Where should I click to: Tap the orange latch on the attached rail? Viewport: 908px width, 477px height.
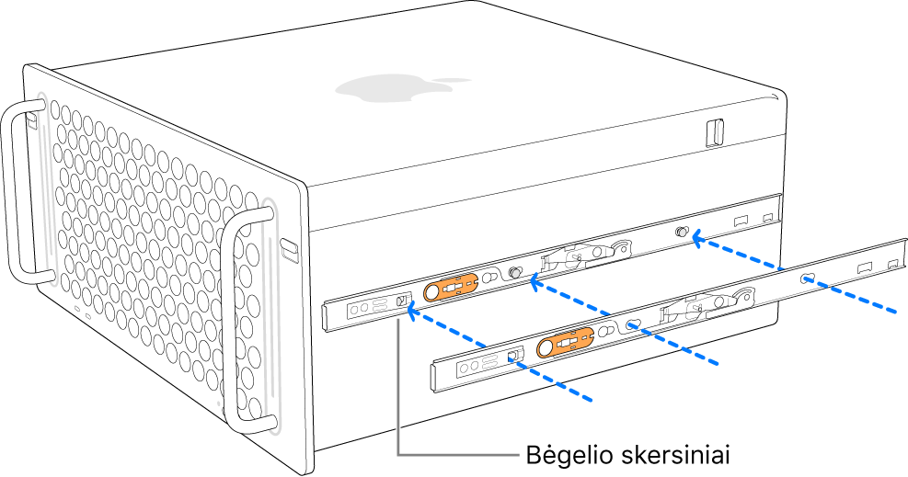pyautogui.click(x=450, y=288)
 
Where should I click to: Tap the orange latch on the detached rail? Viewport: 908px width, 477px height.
pyautogui.click(x=565, y=344)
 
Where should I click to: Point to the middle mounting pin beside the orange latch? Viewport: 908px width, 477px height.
pyautogui.click(x=516, y=273)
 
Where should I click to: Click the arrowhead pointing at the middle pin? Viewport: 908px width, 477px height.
pyautogui.click(x=534, y=284)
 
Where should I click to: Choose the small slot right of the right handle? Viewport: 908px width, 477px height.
pyautogui.click(x=289, y=247)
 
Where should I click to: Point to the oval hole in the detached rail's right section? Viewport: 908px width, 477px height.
pyautogui.click(x=807, y=278)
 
